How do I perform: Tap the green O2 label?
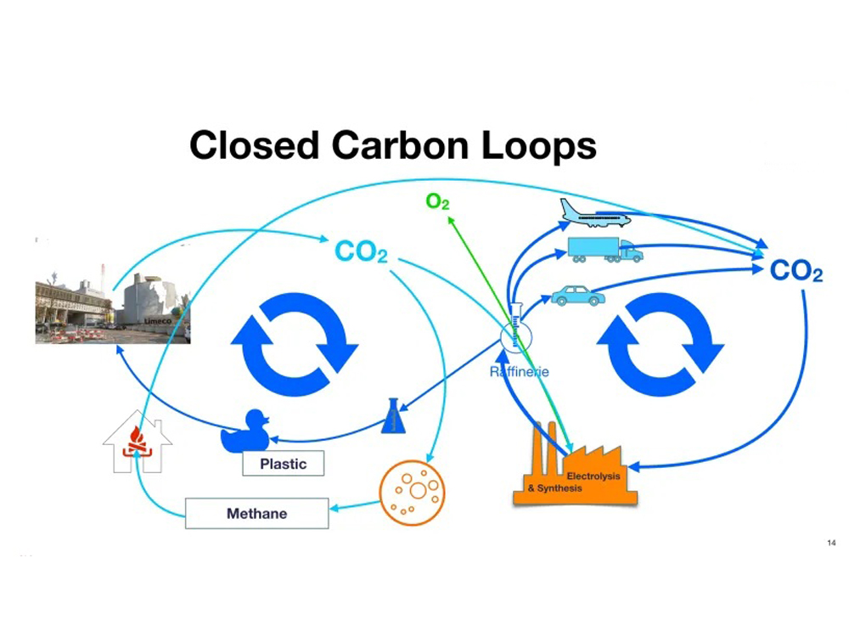click(437, 202)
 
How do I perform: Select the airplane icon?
click(595, 213)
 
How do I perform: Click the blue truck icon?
click(604, 249)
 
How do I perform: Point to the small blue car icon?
click(578, 295)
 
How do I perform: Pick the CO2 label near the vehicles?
click(796, 272)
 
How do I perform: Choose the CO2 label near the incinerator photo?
click(361, 251)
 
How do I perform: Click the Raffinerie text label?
click(520, 372)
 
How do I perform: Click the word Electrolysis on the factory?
click(593, 476)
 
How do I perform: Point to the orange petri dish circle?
click(411, 492)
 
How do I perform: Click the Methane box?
click(256, 514)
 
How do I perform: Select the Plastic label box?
click(283, 464)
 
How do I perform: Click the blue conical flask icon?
click(393, 416)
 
